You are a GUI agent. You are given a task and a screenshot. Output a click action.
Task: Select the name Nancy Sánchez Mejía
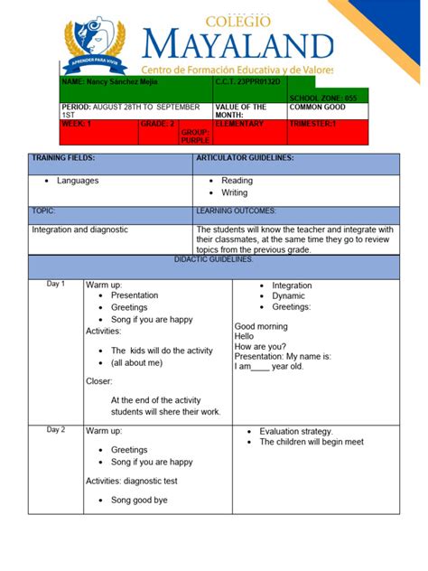[106, 82]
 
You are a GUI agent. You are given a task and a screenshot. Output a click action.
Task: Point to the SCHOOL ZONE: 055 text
[322, 97]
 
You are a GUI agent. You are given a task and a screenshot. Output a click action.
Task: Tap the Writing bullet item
[234, 192]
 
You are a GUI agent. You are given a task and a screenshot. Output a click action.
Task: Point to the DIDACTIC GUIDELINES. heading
[214, 259]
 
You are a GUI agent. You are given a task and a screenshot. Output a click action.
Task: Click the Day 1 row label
[56, 285]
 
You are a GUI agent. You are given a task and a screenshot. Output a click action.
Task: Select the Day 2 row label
[56, 430]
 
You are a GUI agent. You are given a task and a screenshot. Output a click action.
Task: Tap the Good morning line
[261, 326]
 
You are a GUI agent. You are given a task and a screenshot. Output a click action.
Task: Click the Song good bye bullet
[139, 500]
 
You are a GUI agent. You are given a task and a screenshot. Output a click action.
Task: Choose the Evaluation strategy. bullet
[296, 431]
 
